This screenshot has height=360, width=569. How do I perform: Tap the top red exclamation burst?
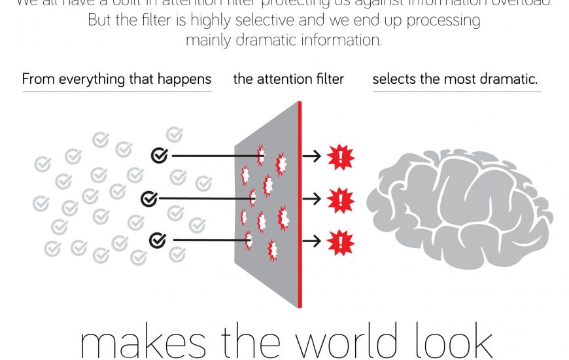[x=340, y=156]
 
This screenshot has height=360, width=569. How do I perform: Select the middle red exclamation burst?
[x=340, y=199]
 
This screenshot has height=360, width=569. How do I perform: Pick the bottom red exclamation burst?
[x=340, y=242]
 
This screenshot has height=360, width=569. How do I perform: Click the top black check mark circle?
[x=159, y=155]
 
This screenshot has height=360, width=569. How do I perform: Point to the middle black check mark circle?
[x=150, y=198]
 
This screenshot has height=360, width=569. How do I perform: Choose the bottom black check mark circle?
[x=158, y=240]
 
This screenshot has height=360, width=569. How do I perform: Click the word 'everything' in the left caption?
[x=90, y=80]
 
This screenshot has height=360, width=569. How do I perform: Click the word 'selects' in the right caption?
[x=394, y=79]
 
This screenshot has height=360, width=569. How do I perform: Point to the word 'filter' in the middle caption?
[x=330, y=79]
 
